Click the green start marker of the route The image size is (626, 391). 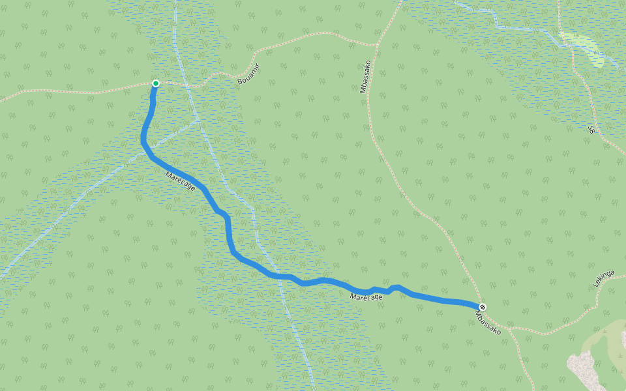click(x=156, y=83)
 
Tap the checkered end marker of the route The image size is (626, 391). click(x=483, y=307)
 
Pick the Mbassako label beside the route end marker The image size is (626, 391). click(x=488, y=322)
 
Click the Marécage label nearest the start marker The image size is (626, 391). click(x=181, y=182)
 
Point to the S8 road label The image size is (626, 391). click(x=591, y=129)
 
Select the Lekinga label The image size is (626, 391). click(x=604, y=279)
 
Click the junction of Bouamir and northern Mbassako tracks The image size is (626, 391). click(x=377, y=46)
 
